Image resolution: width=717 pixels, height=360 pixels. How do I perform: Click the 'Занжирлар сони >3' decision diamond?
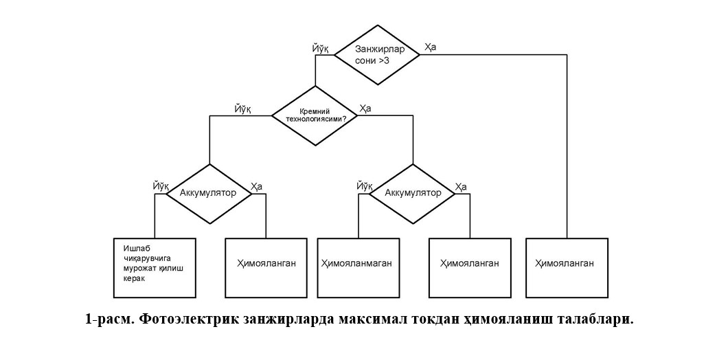[x=376, y=55]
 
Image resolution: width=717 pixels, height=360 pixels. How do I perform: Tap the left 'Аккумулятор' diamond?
[x=208, y=193]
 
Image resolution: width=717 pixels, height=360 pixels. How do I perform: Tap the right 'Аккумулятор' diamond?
[x=413, y=193]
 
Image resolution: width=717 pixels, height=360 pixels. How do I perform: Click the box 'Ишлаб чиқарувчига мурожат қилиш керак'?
[x=155, y=267]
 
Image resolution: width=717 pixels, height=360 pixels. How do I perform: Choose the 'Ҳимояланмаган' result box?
[x=359, y=267]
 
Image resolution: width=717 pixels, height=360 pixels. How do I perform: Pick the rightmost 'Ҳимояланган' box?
[x=567, y=267]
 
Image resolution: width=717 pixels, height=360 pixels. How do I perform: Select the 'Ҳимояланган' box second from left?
[x=266, y=267]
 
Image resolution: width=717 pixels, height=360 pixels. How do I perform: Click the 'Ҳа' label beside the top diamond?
[x=430, y=47]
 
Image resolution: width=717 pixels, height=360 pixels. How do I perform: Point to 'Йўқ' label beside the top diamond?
[x=321, y=47]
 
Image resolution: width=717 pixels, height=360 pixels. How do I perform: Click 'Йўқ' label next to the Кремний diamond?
[x=243, y=109]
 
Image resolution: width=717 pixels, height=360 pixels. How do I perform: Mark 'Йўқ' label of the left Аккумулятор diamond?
[x=162, y=186]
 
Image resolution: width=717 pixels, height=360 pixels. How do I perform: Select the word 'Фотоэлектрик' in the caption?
[x=186, y=320]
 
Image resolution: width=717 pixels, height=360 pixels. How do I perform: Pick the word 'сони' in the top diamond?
[x=364, y=60]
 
